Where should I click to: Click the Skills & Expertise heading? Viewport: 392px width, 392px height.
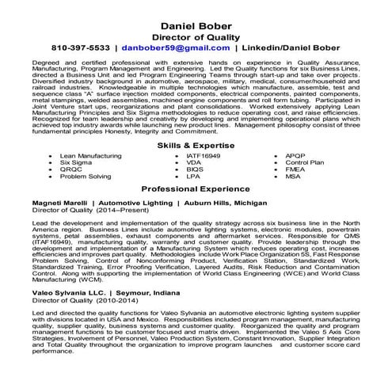196,124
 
